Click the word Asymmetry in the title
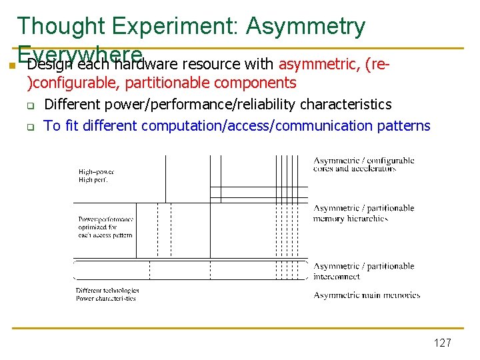click(305, 26)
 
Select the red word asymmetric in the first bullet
click(319, 65)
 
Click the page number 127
click(442, 343)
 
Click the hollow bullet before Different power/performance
click(30, 105)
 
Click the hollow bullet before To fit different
click(30, 126)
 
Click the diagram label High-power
click(96, 172)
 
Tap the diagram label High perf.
click(93, 180)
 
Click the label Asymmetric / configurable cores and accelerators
click(364, 165)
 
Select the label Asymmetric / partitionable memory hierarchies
click(364, 213)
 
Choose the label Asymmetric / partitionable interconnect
click(364, 271)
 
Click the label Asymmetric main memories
click(367, 295)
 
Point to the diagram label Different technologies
click(107, 291)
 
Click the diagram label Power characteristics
click(105, 299)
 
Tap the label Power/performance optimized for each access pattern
click(105, 227)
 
